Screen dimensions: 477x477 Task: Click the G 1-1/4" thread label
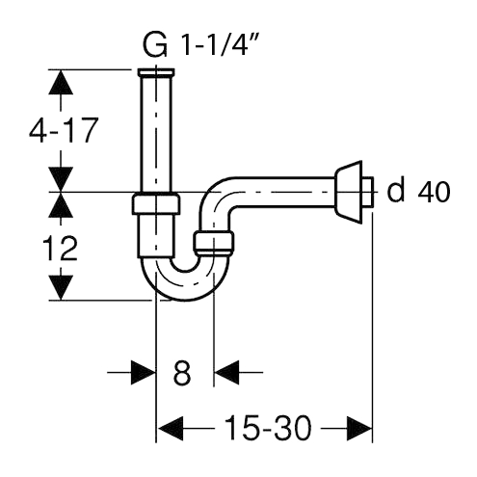click(x=199, y=45)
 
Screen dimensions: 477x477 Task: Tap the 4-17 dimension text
click(x=64, y=131)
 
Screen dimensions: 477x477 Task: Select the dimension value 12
click(x=60, y=248)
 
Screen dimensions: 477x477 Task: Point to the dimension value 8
click(x=182, y=373)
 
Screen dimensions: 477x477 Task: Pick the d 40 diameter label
click(x=418, y=192)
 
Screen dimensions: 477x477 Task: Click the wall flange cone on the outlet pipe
click(x=348, y=192)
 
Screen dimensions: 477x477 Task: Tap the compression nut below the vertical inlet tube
click(x=156, y=204)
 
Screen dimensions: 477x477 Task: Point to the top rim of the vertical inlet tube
click(x=156, y=72)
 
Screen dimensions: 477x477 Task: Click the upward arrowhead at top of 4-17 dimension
click(x=61, y=82)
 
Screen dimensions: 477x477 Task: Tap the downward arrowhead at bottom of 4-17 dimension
click(x=61, y=178)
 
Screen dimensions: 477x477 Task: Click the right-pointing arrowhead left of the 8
click(x=144, y=373)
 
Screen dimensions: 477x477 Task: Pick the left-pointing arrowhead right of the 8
click(x=226, y=373)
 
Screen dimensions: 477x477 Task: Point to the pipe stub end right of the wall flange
click(x=368, y=192)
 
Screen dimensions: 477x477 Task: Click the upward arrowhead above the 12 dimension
click(x=61, y=205)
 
